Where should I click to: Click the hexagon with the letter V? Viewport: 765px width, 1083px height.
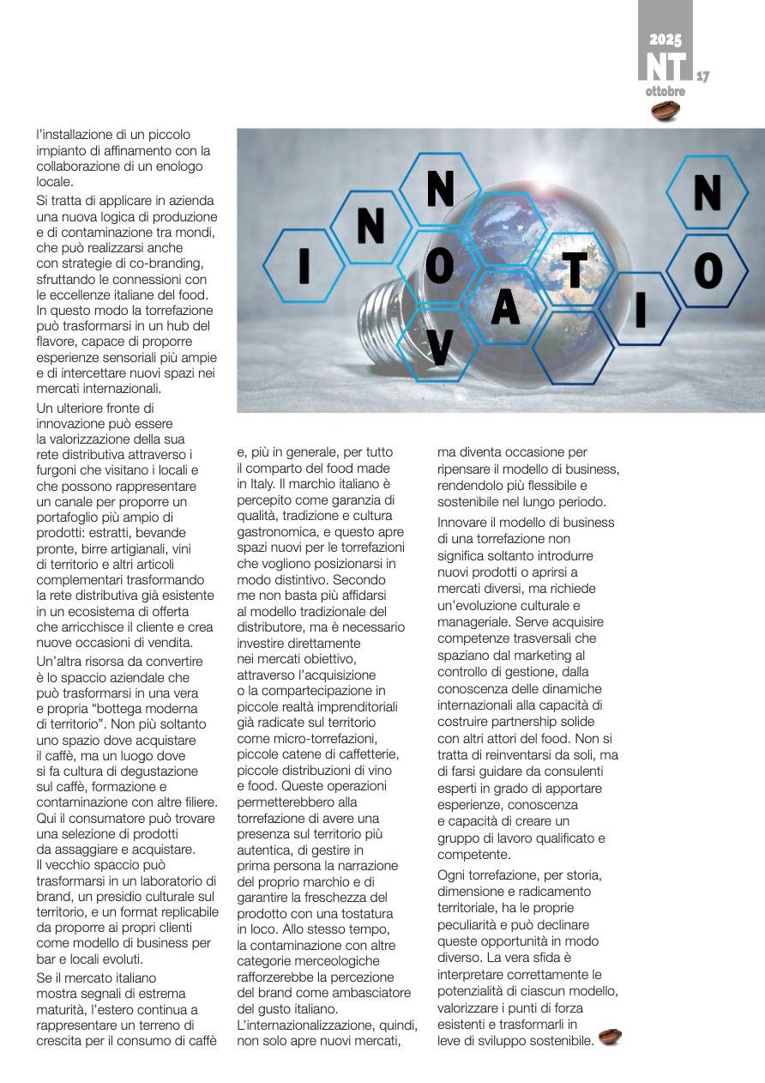(x=439, y=347)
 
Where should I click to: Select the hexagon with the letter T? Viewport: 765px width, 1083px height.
(x=575, y=269)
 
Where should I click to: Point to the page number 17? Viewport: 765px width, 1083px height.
(x=702, y=76)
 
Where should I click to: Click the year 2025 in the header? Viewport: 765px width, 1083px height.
(x=665, y=39)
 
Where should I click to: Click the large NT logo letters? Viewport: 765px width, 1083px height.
(x=666, y=66)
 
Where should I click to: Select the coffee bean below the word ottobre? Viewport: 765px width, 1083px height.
(x=665, y=111)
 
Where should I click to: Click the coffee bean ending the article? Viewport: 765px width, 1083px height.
(x=610, y=1037)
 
